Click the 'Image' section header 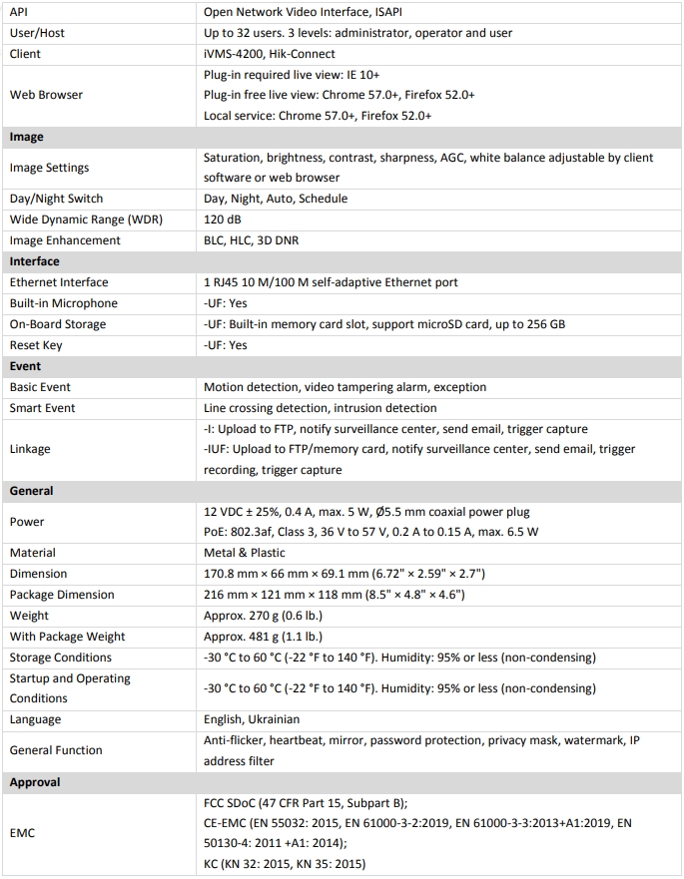(27, 137)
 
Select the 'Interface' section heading (35, 261)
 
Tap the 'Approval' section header (35, 782)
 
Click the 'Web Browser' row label (47, 95)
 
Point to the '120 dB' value (223, 220)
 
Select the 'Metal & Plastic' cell (245, 553)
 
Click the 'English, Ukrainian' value (252, 719)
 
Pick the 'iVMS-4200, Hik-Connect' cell (270, 54)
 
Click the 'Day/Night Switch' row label (57, 199)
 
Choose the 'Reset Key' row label (37, 345)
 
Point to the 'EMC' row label (22, 833)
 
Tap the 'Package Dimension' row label (62, 595)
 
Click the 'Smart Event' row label (43, 408)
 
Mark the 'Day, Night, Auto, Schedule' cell (276, 199)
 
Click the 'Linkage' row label (30, 449)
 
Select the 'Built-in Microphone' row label (64, 303)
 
